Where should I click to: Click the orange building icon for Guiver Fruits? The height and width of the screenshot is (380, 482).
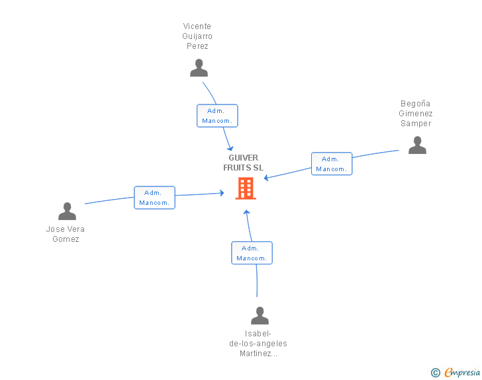[x=246, y=188]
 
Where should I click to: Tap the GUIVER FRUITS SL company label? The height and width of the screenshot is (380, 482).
[x=243, y=163]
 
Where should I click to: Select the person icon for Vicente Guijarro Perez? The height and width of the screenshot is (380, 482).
[x=199, y=68]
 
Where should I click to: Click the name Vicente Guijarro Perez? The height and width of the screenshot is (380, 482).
[x=197, y=36]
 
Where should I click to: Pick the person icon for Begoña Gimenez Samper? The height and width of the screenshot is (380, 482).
[x=417, y=145]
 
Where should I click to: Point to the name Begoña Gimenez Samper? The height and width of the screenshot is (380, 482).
[x=416, y=114]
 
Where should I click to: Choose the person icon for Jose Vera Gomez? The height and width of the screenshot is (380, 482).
[x=67, y=211]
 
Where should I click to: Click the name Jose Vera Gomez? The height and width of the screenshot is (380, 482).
[x=65, y=234]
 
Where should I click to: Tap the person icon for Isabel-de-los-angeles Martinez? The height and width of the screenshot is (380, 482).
[x=260, y=315]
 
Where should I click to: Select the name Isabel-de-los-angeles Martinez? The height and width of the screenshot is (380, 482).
[x=258, y=344]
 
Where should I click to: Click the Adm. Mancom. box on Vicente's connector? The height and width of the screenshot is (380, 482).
[x=217, y=116]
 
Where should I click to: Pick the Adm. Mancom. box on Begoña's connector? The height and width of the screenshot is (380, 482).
[x=332, y=164]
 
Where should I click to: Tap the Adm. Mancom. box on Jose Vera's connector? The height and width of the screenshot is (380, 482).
[x=155, y=198]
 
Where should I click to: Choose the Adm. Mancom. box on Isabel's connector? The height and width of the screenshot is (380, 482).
[x=252, y=253]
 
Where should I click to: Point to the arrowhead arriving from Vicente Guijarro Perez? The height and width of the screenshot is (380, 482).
[x=230, y=148]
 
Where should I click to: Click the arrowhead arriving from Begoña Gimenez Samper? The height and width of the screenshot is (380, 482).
[x=267, y=177]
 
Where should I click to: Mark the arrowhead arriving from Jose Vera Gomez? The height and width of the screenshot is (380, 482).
[x=222, y=193]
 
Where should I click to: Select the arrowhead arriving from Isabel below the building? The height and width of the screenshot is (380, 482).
[x=246, y=212]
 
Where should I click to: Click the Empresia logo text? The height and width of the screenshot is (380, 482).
[x=462, y=372]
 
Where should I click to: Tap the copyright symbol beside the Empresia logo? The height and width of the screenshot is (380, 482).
[x=436, y=373]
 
